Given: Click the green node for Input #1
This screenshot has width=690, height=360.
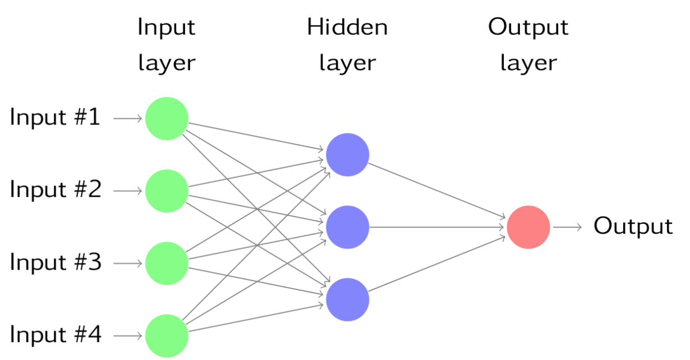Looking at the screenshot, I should (167, 118).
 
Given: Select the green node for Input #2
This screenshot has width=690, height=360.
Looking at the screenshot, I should (167, 191).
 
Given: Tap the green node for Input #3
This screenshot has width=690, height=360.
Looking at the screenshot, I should (167, 263).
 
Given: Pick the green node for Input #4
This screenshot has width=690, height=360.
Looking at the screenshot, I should (167, 336).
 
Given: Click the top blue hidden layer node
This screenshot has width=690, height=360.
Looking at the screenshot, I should (347, 155).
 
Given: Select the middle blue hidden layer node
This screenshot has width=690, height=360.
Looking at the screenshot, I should (347, 227).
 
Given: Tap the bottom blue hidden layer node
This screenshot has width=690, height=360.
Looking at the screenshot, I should (347, 299).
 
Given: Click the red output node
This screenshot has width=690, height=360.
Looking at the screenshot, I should (528, 227).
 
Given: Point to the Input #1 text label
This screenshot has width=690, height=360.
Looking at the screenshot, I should (55, 118).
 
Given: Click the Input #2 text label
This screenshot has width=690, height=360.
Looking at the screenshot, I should (55, 190).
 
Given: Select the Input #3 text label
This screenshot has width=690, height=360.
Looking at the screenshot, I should (55, 262).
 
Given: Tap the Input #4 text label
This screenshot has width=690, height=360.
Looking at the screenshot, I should (55, 335).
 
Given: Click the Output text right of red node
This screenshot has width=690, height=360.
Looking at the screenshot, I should (633, 227).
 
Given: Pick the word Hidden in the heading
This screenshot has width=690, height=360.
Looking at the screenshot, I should (347, 27).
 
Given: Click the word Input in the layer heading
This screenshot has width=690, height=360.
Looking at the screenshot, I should (167, 27).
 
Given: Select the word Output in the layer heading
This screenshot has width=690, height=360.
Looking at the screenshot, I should (528, 27).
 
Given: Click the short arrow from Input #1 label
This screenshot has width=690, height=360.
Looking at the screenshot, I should (128, 118).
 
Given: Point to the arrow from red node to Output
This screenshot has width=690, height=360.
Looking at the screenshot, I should (568, 227).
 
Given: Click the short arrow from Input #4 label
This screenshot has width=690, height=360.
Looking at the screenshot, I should (128, 336).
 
